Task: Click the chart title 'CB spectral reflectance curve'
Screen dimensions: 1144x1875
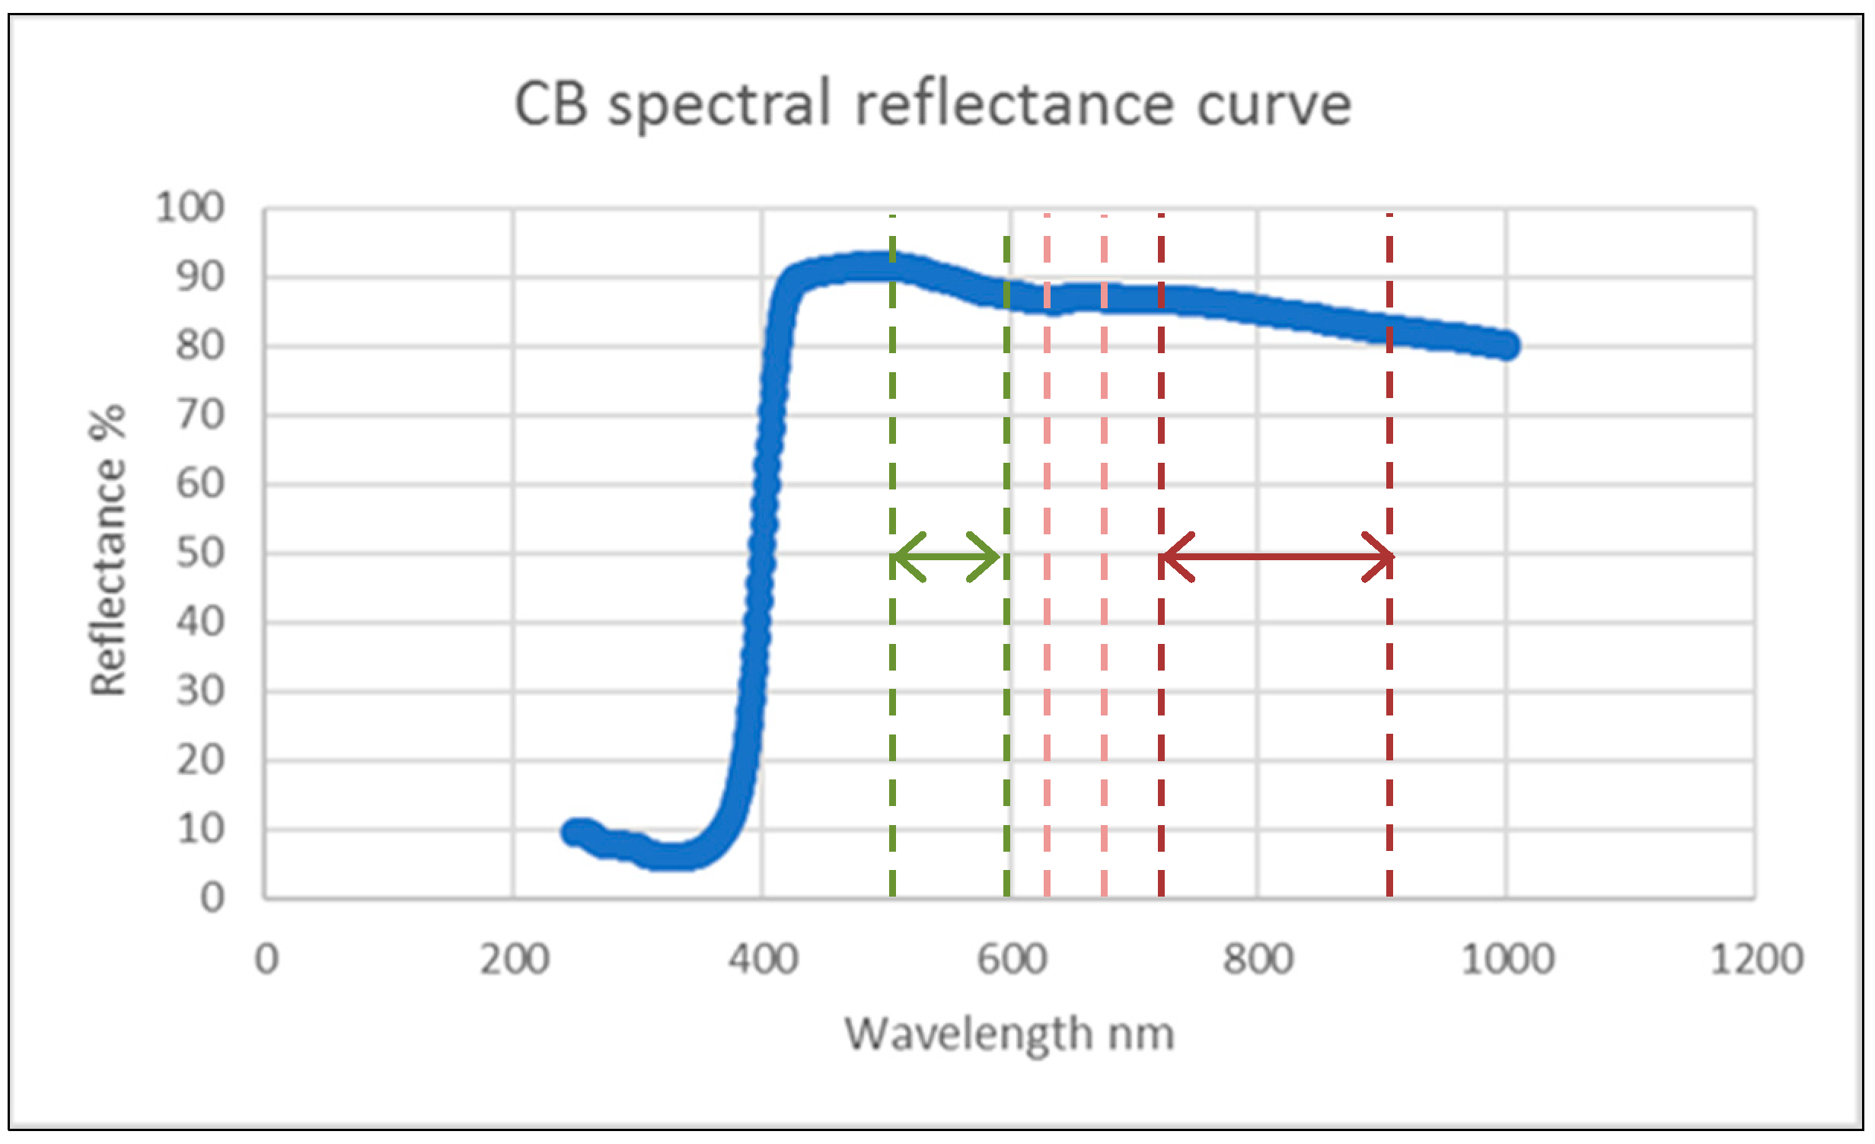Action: [933, 105]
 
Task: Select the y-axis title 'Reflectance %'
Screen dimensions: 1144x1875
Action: [107, 550]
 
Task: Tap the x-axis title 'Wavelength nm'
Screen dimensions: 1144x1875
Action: [1009, 1034]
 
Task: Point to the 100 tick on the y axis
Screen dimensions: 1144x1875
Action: [190, 207]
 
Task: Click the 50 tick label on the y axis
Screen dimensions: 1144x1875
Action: [200, 553]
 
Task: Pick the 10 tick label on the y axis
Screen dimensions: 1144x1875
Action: [200, 829]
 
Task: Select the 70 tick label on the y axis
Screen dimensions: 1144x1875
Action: [200, 416]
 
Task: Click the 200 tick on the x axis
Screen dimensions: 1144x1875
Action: [514, 959]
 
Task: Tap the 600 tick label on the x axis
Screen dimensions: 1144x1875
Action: [1011, 959]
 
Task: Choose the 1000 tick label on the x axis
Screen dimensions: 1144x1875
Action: [1507, 959]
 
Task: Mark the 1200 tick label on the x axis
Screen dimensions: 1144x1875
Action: [1756, 959]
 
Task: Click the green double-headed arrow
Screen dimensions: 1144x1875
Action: [945, 557]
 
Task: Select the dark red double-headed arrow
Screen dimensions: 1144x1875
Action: [1276, 557]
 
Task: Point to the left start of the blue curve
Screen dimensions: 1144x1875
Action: [575, 832]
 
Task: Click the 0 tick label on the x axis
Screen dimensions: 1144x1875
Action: [266, 959]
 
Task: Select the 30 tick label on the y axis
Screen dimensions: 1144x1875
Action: [200, 691]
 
